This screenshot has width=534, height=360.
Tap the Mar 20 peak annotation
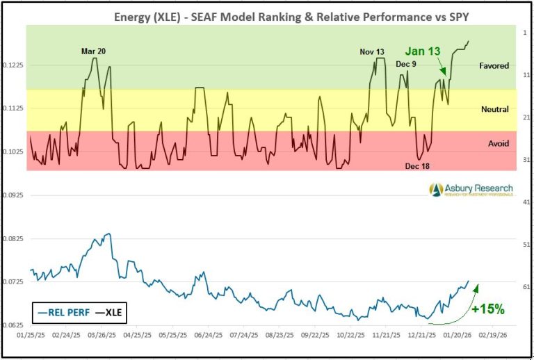tap(94, 51)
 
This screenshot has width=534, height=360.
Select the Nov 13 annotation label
tap(371, 51)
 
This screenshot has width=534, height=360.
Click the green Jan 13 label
tap(423, 51)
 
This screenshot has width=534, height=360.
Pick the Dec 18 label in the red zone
tap(418, 167)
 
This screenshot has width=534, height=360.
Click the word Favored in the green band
tap(494, 66)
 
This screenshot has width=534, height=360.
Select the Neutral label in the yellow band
tap(494, 109)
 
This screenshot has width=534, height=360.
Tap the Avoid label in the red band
tap(498, 143)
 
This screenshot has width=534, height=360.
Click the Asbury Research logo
tap(471, 190)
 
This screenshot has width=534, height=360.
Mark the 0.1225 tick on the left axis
tap(14, 65)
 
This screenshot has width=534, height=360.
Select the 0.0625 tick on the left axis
tap(14, 325)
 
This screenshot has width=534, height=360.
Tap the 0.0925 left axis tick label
tap(14, 195)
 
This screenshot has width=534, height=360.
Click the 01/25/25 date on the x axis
tap(31, 335)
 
